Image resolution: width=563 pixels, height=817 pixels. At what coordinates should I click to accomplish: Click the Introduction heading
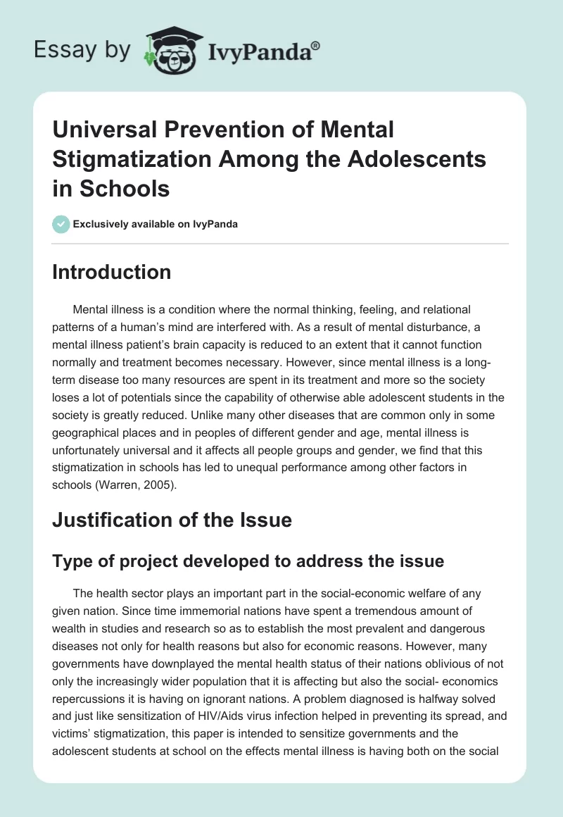coord(111,273)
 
